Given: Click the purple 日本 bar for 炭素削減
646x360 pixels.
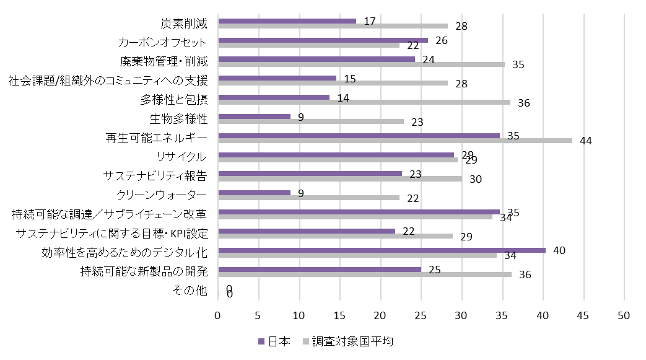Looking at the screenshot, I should click(x=287, y=21).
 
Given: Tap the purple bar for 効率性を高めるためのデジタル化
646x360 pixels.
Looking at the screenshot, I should click(x=382, y=250).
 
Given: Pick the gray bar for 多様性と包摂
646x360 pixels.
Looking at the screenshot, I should click(x=364, y=102).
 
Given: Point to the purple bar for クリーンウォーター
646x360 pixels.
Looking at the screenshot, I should click(x=255, y=193).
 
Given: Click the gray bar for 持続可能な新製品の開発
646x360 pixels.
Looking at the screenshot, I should click(x=365, y=274).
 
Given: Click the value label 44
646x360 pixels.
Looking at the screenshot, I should click(x=586, y=141).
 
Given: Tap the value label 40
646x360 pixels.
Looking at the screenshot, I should click(x=559, y=250).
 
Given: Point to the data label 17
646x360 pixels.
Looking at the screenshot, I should click(x=370, y=21).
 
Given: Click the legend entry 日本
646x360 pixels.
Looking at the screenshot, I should click(x=273, y=341).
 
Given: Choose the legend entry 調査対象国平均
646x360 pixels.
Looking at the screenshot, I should click(x=347, y=341).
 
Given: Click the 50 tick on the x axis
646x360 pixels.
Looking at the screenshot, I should click(x=623, y=315).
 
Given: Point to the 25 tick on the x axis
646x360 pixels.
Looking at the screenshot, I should click(x=421, y=315).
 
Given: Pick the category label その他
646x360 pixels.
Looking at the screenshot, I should click(x=192, y=291).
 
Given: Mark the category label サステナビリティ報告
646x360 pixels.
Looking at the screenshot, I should click(x=155, y=176).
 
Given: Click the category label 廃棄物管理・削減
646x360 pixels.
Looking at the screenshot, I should click(x=164, y=61).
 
